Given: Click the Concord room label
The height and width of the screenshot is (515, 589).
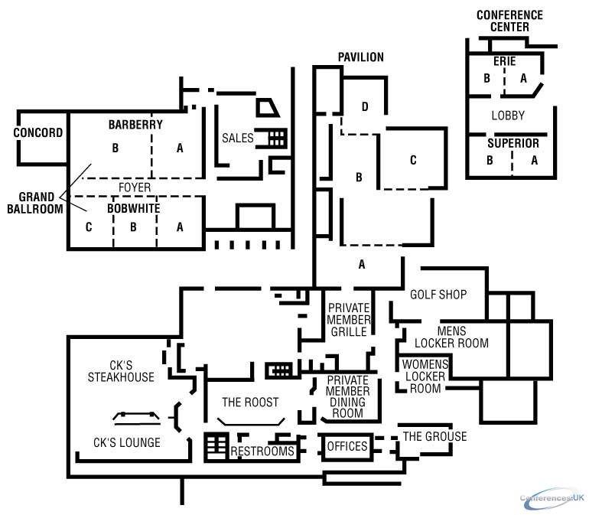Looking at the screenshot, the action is [38, 132].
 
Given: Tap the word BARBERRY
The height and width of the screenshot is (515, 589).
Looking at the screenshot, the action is [135, 125].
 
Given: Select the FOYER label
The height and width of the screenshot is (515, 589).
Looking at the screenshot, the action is [135, 187].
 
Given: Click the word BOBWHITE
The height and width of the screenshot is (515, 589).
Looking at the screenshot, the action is [134, 208].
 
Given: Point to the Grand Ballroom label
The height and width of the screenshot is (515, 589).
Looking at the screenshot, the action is [35, 203].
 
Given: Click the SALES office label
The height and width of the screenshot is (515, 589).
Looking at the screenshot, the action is [238, 138].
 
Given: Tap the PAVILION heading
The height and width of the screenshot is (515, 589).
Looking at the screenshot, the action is [361, 57].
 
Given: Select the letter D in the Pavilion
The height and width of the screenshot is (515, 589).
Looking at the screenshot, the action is [365, 107].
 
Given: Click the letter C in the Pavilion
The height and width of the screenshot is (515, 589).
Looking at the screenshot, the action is [413, 160].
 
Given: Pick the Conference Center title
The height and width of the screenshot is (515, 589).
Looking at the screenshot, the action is [509, 21].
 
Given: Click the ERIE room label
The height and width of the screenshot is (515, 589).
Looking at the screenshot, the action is [505, 61].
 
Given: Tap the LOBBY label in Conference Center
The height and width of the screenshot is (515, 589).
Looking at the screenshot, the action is [508, 116].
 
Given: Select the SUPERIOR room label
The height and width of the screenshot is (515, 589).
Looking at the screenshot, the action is [513, 143].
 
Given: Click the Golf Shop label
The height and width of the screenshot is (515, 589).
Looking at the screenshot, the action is [438, 295].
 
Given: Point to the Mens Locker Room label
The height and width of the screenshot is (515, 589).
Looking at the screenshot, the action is [451, 337].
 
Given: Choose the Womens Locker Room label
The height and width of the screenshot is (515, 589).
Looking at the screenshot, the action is [425, 376].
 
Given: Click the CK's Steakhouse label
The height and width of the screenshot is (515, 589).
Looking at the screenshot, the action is [121, 371].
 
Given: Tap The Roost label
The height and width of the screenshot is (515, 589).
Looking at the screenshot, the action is [250, 403].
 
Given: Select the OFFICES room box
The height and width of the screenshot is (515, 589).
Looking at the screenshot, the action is [347, 446].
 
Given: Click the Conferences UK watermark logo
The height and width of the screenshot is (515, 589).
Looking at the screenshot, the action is [552, 498].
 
